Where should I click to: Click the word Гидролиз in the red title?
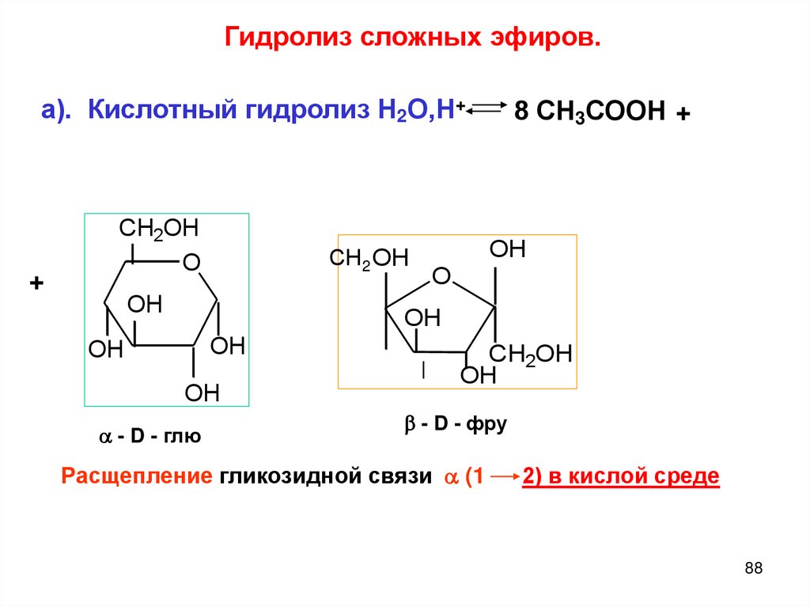(288, 37)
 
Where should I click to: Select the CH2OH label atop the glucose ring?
(158, 229)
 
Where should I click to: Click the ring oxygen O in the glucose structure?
(191, 261)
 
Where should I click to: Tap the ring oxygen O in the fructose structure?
(441, 276)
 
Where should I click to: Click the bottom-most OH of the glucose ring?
(202, 393)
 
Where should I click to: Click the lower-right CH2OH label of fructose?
(529, 354)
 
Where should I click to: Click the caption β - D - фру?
(455, 425)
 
